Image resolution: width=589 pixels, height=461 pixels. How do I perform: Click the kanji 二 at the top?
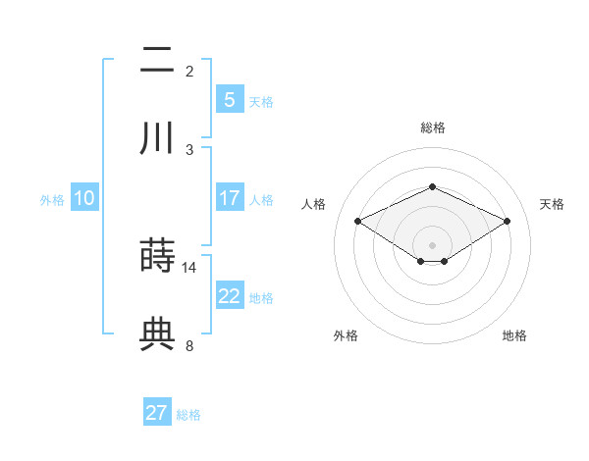point(157,61)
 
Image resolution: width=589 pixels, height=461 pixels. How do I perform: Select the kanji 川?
point(157,138)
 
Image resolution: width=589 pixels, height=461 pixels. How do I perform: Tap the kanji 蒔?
point(157,257)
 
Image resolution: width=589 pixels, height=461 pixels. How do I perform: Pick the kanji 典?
point(157,334)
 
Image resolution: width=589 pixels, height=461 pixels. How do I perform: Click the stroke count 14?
point(189,267)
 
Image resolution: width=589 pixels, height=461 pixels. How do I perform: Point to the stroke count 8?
point(189,345)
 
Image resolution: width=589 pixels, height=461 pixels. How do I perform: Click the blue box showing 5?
point(229,100)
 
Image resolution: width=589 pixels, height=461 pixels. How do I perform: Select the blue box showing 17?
point(229,198)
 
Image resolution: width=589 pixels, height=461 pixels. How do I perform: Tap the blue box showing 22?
point(229,296)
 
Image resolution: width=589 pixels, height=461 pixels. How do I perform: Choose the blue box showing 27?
point(157,413)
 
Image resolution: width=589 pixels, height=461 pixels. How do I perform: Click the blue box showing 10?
point(84,198)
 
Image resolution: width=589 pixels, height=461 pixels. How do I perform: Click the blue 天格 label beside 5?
point(261,101)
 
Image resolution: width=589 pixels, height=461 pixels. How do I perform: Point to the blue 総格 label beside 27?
point(188,415)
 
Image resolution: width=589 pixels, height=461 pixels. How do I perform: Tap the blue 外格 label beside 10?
point(52,199)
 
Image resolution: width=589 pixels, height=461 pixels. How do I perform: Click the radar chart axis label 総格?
point(432,128)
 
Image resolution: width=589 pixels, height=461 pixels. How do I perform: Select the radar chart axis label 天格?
point(552,204)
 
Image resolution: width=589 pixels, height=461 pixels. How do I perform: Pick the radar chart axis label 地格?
point(514,335)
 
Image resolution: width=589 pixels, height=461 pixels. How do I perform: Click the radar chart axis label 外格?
point(346,335)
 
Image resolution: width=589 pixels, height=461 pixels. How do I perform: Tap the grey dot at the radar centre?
point(432,244)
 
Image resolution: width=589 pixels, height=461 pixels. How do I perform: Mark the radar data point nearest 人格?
point(357,221)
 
